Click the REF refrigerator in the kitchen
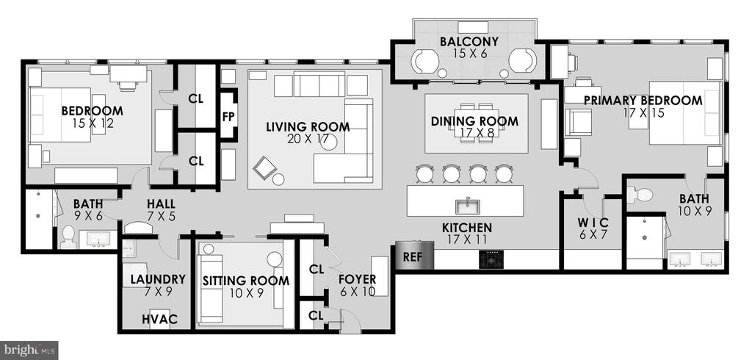click(415, 256)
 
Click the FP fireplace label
click(228, 117)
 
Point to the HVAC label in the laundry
click(159, 319)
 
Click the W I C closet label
click(593, 223)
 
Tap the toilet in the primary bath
click(640, 195)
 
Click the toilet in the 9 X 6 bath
click(68, 237)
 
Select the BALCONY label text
click(469, 41)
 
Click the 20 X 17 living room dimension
click(308, 139)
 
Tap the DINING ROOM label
click(474, 121)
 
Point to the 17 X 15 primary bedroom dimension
click(643, 113)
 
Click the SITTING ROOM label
click(245, 281)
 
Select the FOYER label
click(358, 279)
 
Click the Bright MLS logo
click(29, 350)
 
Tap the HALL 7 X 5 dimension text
click(161, 216)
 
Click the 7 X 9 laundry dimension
click(158, 291)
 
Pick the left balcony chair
click(425, 62)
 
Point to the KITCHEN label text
click(466, 228)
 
